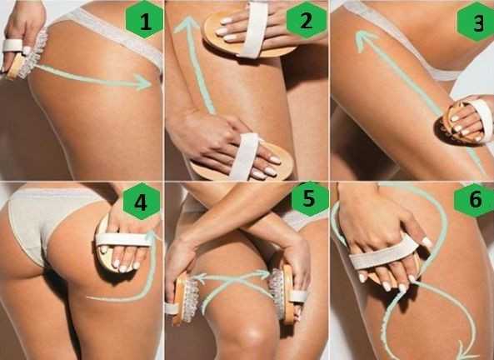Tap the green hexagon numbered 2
click(307, 19)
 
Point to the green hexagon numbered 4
click(141, 201)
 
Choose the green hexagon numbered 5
click(310, 198)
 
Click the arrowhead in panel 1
click(144, 82)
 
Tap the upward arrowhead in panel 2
click(187, 25)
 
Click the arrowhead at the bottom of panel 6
click(466, 351)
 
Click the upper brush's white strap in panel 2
click(255, 29)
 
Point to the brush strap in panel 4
click(123, 239)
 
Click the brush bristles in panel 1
click(32, 56)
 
